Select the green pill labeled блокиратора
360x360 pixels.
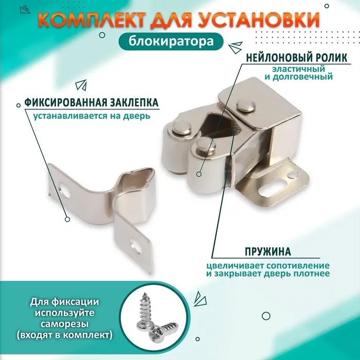[x=179, y=43]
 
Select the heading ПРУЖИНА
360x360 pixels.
[x=267, y=252]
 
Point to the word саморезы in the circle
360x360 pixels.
[x=64, y=324]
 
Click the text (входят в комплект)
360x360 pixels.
[x=64, y=335]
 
